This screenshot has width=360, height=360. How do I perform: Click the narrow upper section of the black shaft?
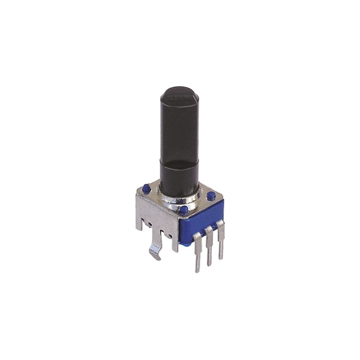pos(179,130)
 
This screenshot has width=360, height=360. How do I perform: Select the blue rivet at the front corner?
pos(183,210)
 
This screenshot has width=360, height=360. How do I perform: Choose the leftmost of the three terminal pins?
pos(198,252)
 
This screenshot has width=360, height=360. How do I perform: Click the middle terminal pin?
pos(208,247)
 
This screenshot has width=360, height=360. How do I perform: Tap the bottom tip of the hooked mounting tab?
pos(157,259)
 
